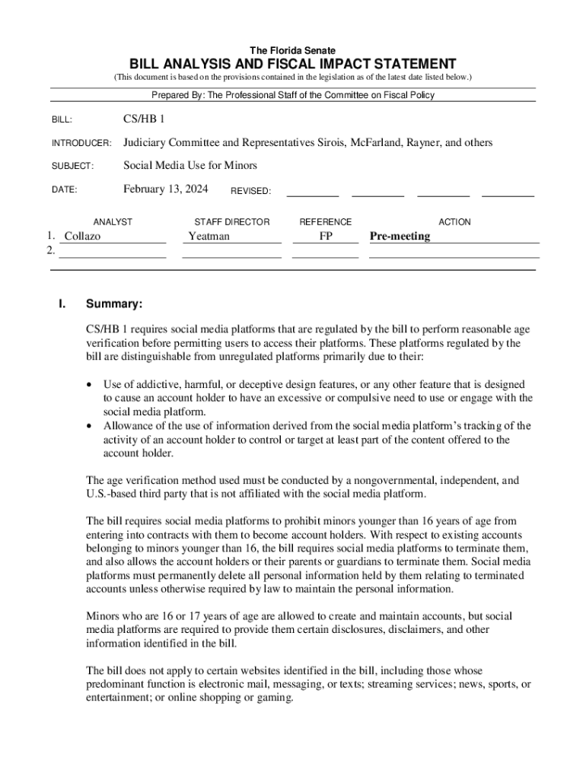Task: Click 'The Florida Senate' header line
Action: [x=292, y=50]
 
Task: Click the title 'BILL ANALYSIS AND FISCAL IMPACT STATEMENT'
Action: [x=292, y=64]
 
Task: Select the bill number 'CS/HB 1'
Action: [x=144, y=119]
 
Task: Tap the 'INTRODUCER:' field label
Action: [x=81, y=144]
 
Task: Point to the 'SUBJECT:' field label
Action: [x=72, y=167]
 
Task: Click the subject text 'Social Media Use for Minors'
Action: [x=190, y=165]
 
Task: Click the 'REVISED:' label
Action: [x=250, y=192]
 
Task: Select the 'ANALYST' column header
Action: [x=113, y=222]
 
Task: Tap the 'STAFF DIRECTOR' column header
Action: [x=232, y=222]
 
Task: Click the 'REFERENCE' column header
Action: [x=326, y=222]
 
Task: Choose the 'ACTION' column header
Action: [x=454, y=222]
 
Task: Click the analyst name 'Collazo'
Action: [x=83, y=237]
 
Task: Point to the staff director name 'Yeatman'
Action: [x=209, y=237]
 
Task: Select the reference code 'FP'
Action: [x=326, y=237]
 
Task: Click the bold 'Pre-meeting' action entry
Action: [x=400, y=237]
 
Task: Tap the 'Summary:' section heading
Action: [x=114, y=304]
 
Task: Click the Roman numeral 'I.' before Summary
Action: [x=62, y=304]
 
